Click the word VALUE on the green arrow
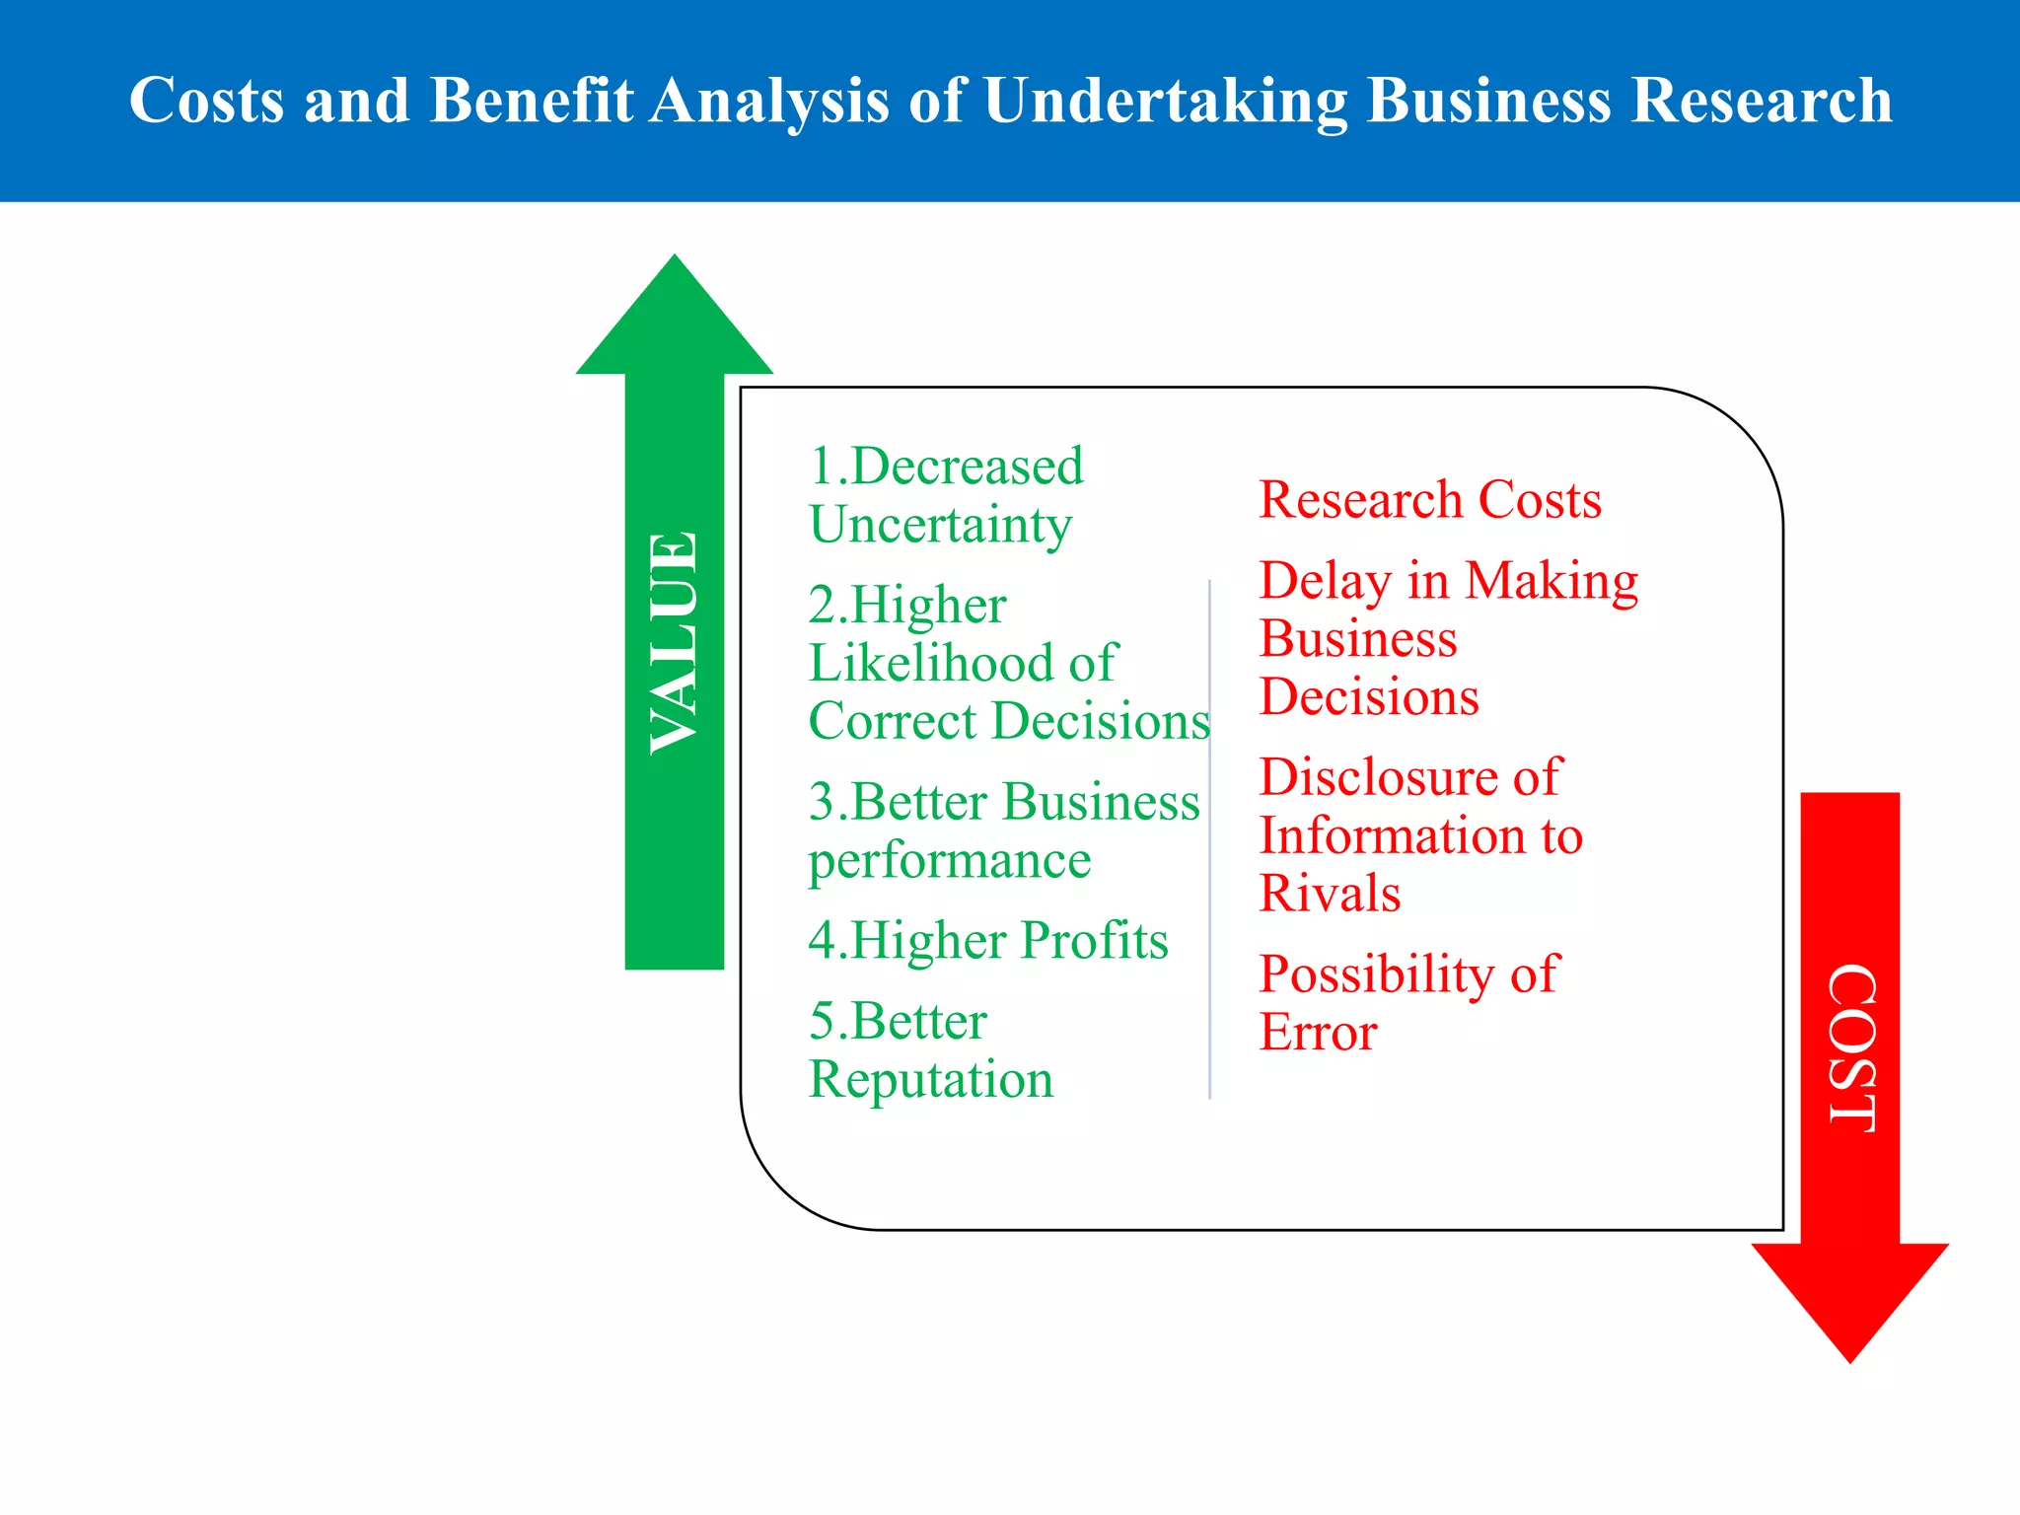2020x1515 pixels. tap(675, 643)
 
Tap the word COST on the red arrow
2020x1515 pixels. tap(1850, 1047)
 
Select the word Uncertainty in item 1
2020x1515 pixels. tap(940, 525)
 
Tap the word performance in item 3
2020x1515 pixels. tap(949, 861)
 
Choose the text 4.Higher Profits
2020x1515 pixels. tap(987, 940)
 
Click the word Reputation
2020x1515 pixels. tap(930, 1079)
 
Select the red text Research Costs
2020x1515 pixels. tap(1430, 499)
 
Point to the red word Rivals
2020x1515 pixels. tap(1330, 894)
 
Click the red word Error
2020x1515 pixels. tap(1318, 1033)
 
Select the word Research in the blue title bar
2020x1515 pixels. tap(1761, 101)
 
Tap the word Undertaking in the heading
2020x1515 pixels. tap(1165, 101)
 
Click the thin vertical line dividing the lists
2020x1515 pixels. tap(1209, 838)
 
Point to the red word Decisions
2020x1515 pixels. tap(1369, 697)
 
